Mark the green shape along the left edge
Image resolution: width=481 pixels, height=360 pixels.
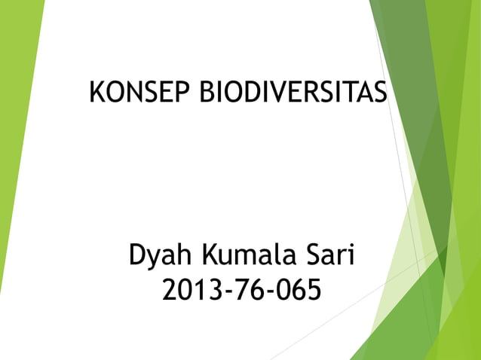pos(15,151)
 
